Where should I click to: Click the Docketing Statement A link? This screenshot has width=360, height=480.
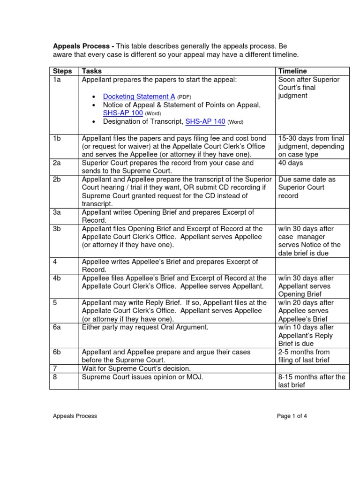(x=139, y=97)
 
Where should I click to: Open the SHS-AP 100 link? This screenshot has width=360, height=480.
(x=123, y=113)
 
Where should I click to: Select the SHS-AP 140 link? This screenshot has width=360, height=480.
(x=205, y=121)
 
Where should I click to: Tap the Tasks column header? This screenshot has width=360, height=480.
(x=92, y=71)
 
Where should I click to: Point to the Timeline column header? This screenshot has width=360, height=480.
(x=293, y=71)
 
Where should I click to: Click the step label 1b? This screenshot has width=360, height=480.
(x=57, y=138)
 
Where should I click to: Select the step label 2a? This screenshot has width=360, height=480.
(x=57, y=163)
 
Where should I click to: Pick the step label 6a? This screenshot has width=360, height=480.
(x=57, y=327)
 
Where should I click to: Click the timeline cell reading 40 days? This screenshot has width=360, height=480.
(x=291, y=163)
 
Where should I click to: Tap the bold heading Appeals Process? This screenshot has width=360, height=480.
(x=82, y=46)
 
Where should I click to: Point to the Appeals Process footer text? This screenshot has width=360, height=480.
(x=75, y=416)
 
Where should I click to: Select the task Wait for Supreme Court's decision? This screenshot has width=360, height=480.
(x=136, y=368)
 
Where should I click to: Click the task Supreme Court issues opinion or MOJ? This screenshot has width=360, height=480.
(x=142, y=377)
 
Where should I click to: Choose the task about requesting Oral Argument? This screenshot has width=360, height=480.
(x=145, y=327)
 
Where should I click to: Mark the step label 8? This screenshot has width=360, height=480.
(x=55, y=377)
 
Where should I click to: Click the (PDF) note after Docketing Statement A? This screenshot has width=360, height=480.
(x=184, y=97)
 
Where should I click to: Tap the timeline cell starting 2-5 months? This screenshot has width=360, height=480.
(x=304, y=356)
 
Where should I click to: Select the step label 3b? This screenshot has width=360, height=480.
(x=57, y=229)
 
